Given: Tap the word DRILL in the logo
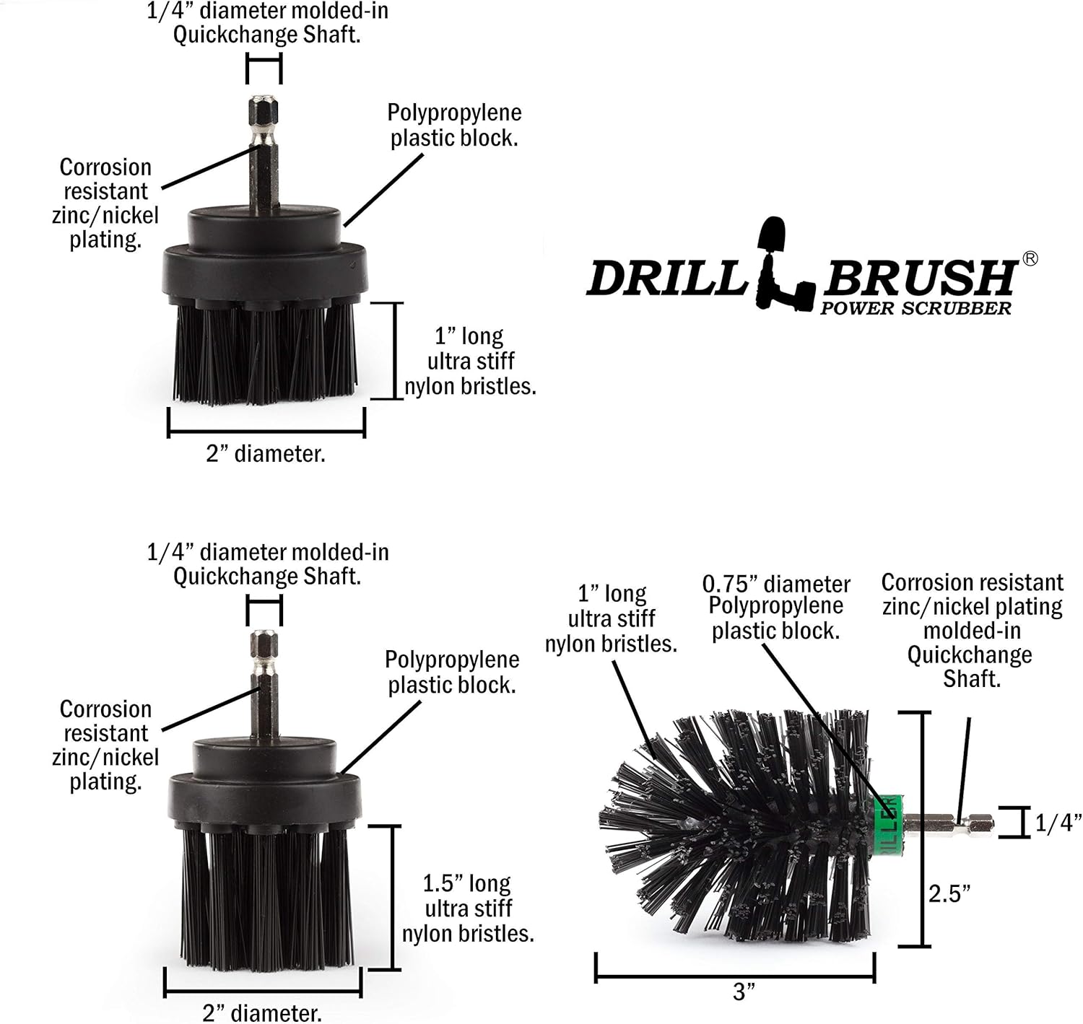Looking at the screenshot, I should [666, 278].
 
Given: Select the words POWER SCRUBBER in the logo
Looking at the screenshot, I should [915, 309].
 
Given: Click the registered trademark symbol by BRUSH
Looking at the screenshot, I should [1030, 259].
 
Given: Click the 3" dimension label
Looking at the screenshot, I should [744, 992].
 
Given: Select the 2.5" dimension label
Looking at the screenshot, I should [949, 893].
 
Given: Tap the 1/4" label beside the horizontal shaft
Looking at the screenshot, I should [1058, 823].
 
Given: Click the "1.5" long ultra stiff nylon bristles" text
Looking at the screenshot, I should [468, 909].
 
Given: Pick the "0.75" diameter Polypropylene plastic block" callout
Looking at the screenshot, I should [776, 608].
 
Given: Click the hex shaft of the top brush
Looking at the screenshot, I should [264, 155].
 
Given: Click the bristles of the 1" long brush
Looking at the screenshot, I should [265, 354].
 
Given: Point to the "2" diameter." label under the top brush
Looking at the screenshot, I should [266, 454].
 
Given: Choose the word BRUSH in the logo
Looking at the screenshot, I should [920, 278].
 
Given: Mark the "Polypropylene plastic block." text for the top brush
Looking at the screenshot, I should [454, 126].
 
